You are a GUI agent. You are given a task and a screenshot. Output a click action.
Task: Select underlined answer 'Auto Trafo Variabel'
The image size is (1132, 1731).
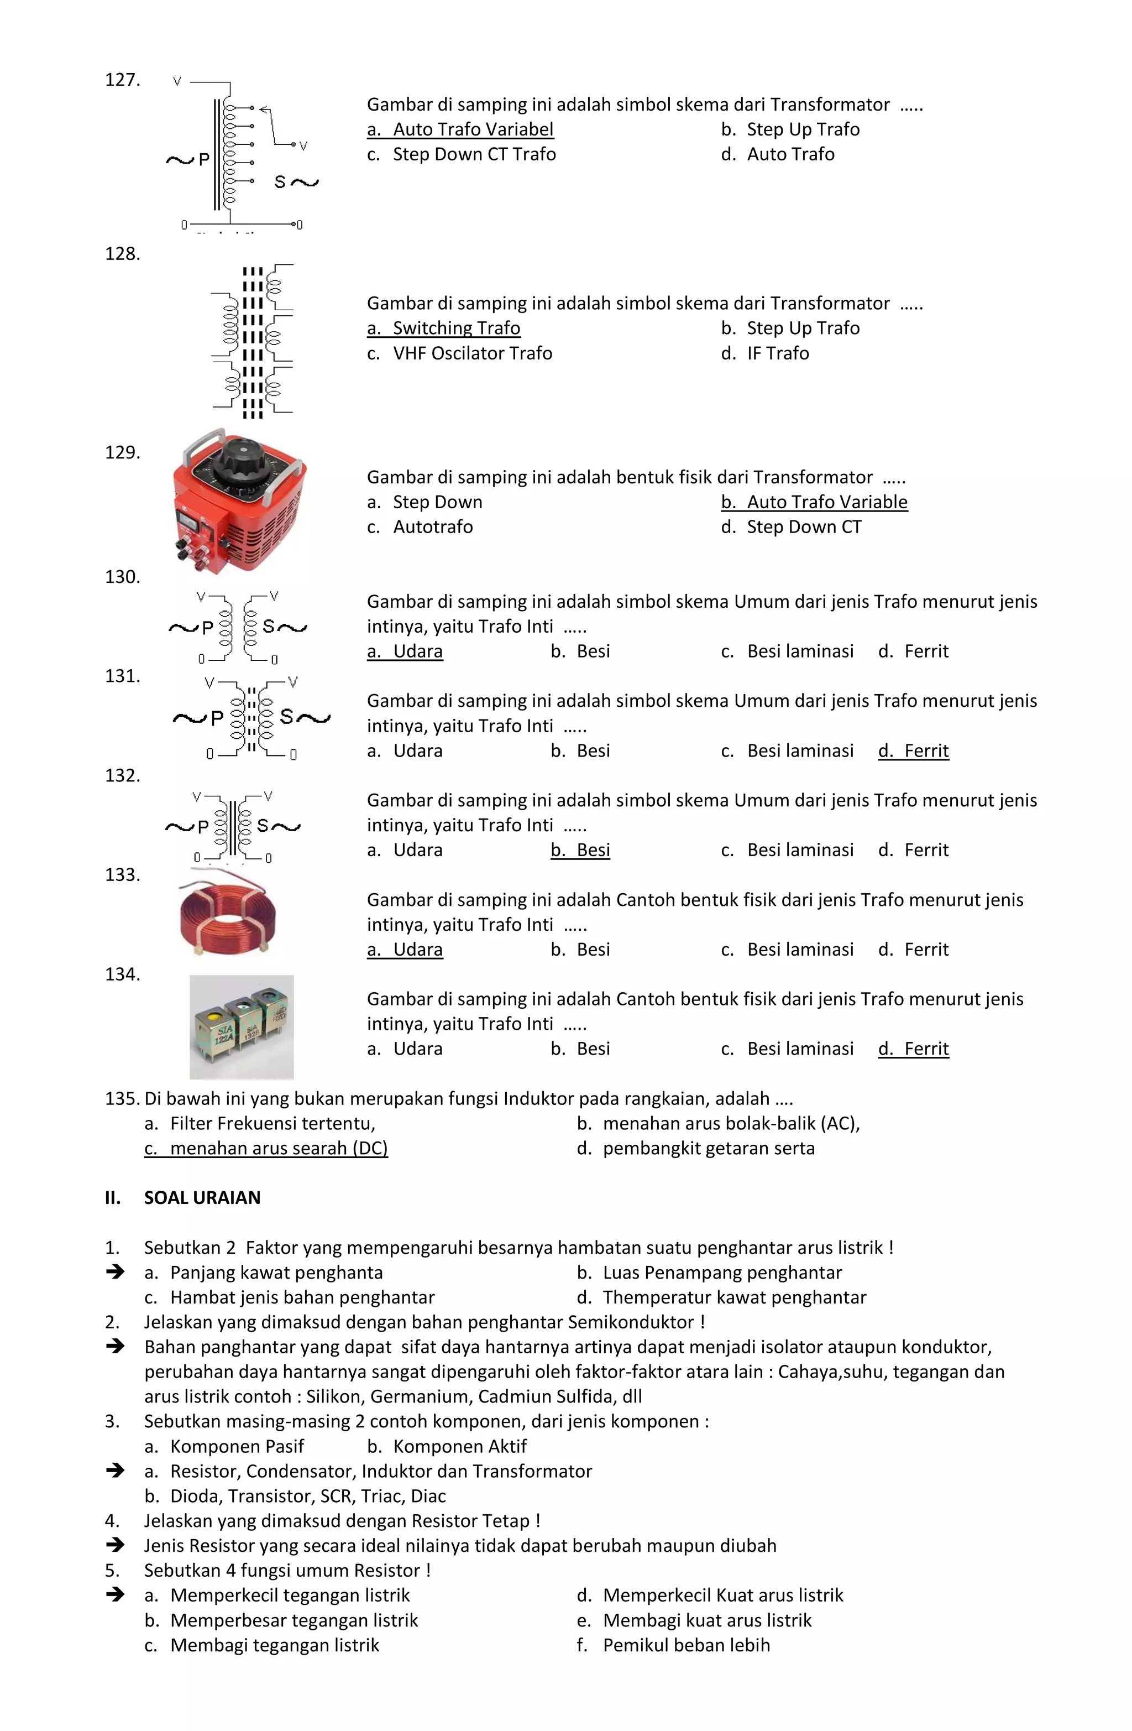[x=460, y=129]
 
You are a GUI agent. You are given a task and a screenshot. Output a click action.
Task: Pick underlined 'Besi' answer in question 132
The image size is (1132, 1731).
[x=580, y=850]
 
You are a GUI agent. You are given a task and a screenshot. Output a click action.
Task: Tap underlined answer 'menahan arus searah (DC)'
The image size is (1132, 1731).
[x=266, y=1149]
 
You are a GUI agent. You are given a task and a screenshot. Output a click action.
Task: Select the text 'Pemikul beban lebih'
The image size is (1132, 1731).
[x=685, y=1645]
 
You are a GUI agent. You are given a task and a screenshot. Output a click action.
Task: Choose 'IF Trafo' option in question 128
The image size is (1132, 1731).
[x=777, y=353]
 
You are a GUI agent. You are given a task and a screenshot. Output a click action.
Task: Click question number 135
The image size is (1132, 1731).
[x=122, y=1098]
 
